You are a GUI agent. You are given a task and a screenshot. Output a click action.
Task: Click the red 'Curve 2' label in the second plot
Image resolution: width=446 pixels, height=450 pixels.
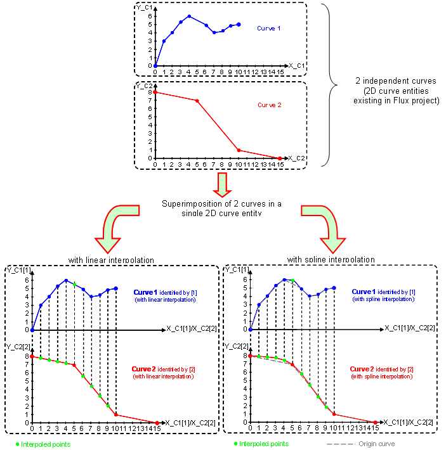268,105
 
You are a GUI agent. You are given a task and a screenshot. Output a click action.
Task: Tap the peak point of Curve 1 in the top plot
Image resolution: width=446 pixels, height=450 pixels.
189,16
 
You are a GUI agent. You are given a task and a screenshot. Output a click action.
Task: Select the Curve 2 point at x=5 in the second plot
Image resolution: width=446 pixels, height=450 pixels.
197,101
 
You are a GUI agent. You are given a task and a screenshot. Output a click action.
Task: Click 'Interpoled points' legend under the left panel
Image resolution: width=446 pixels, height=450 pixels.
45,444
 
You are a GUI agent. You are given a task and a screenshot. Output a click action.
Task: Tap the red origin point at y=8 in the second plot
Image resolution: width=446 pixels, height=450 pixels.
155,93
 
